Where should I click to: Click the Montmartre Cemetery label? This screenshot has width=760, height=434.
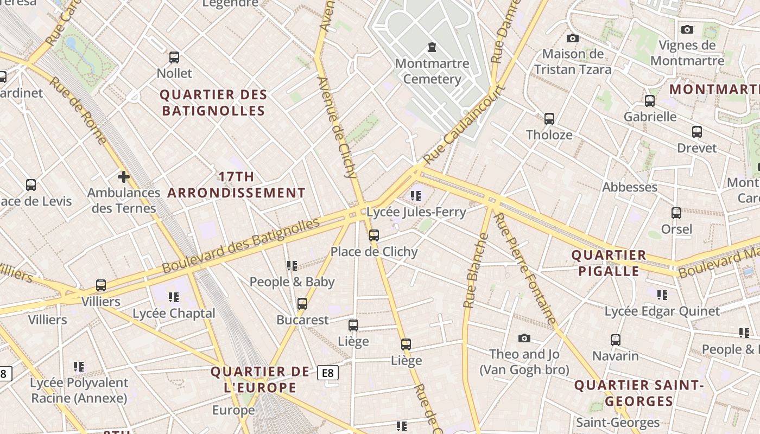coord(432,71)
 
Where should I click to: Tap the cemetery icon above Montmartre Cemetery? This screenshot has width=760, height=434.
coord(432,47)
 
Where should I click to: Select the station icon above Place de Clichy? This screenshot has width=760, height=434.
coord(373,235)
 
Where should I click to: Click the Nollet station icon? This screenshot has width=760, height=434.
coord(174,57)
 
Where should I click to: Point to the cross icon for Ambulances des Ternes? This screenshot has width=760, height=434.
coord(124,176)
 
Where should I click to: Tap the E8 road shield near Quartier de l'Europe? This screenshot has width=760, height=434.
coord(328,373)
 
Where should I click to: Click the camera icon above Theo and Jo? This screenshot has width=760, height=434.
coord(524,338)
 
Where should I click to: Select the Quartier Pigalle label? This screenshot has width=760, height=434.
coord(609,263)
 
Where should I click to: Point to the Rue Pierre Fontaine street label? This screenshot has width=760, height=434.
coord(525,269)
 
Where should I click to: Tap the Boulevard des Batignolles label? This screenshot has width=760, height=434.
coord(241,246)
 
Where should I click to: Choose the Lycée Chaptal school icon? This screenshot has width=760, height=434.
coord(174,297)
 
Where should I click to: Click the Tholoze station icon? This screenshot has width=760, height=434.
coord(549,118)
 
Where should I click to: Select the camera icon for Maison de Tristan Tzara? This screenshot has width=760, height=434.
coord(572,38)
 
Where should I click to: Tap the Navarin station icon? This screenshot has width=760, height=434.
coord(615,340)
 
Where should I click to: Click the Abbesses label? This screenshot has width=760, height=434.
coord(630,187)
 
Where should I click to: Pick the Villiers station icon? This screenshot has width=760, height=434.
coord(101,285)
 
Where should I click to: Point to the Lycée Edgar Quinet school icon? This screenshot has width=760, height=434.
coord(662,295)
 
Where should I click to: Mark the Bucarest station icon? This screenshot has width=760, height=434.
coord(302,304)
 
